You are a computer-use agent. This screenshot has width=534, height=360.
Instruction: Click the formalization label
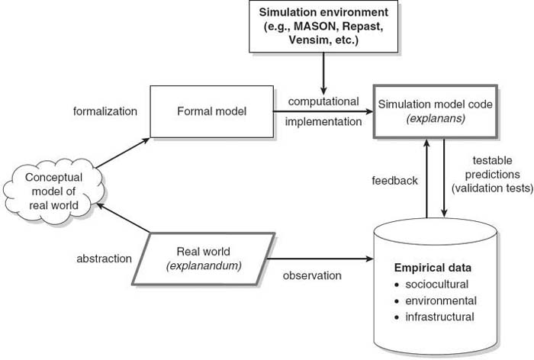[105, 111]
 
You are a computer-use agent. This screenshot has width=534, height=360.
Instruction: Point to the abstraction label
[105, 259]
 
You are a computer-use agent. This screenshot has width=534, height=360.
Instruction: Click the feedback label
[394, 181]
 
